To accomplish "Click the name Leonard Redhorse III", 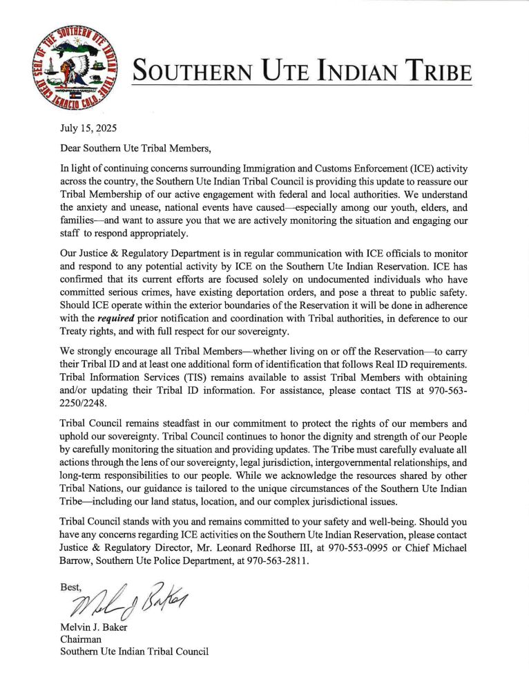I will point(246,548).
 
